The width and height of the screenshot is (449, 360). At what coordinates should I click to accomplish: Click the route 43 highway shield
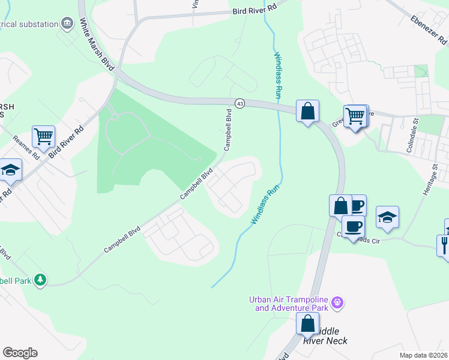(240, 103)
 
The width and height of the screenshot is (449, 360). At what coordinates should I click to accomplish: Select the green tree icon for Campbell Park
(40, 280)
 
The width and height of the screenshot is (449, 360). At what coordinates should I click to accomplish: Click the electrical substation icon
(67, 24)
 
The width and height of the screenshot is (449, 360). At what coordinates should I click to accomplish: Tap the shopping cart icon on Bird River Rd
(43, 137)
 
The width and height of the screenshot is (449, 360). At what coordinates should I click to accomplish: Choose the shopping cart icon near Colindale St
(355, 115)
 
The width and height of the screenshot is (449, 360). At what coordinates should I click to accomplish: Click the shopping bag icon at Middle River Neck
(307, 323)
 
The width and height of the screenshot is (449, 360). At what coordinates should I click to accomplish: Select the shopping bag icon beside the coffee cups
(340, 205)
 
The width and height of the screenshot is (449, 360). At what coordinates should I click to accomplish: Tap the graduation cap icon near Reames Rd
(10, 170)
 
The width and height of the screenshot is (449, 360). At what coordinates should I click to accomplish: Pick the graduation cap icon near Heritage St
(387, 217)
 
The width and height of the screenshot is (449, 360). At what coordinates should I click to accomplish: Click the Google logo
(20, 353)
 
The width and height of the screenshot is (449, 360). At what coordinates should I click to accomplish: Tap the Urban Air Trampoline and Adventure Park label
(292, 304)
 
